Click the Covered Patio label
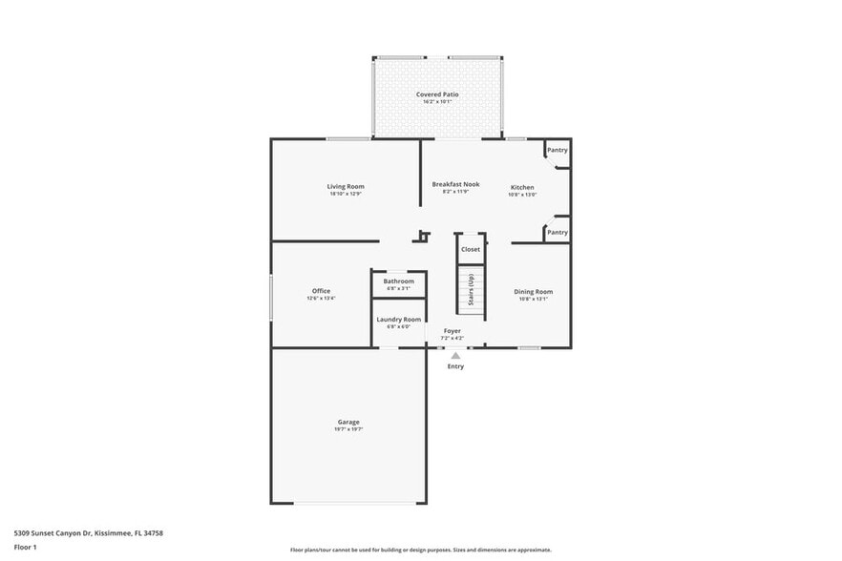437,94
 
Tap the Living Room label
346,186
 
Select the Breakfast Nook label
455,184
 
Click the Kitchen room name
522,187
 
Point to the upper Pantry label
558,150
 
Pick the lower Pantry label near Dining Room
558,232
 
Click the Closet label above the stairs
471,249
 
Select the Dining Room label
534,291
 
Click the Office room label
321,291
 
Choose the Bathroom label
399,281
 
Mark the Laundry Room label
399,320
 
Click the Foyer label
453,331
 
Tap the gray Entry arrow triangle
455,355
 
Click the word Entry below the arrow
455,366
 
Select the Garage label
348,422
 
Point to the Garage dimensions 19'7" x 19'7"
348,429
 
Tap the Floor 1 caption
25,547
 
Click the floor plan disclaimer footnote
420,550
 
